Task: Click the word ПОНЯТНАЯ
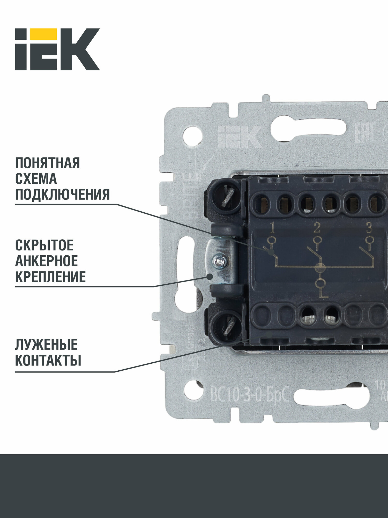pos(48,163)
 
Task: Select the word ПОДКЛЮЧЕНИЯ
pos(62,195)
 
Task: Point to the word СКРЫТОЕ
pos(44,245)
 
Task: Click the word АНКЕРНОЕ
pos(47,261)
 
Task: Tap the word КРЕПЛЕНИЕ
pos(50,277)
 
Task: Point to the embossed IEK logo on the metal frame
pos(239,137)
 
